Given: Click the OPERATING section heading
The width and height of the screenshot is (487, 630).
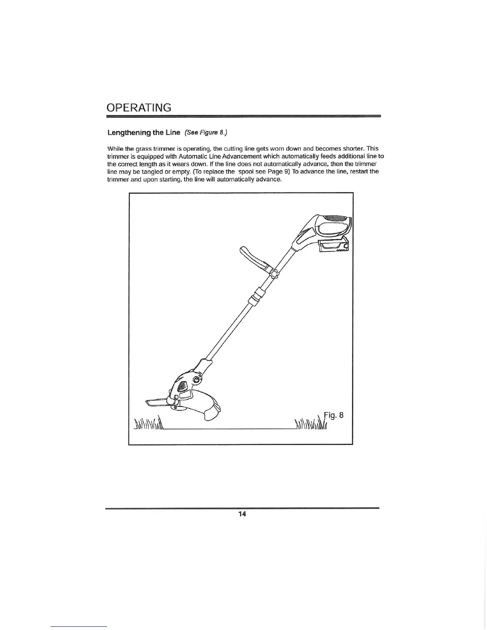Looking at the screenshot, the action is (x=139, y=108).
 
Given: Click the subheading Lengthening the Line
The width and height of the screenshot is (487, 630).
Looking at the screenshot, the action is (x=144, y=132).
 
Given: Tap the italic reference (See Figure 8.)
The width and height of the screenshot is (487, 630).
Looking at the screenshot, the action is (x=206, y=132).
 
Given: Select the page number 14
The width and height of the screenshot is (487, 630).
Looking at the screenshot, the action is (x=242, y=514).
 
